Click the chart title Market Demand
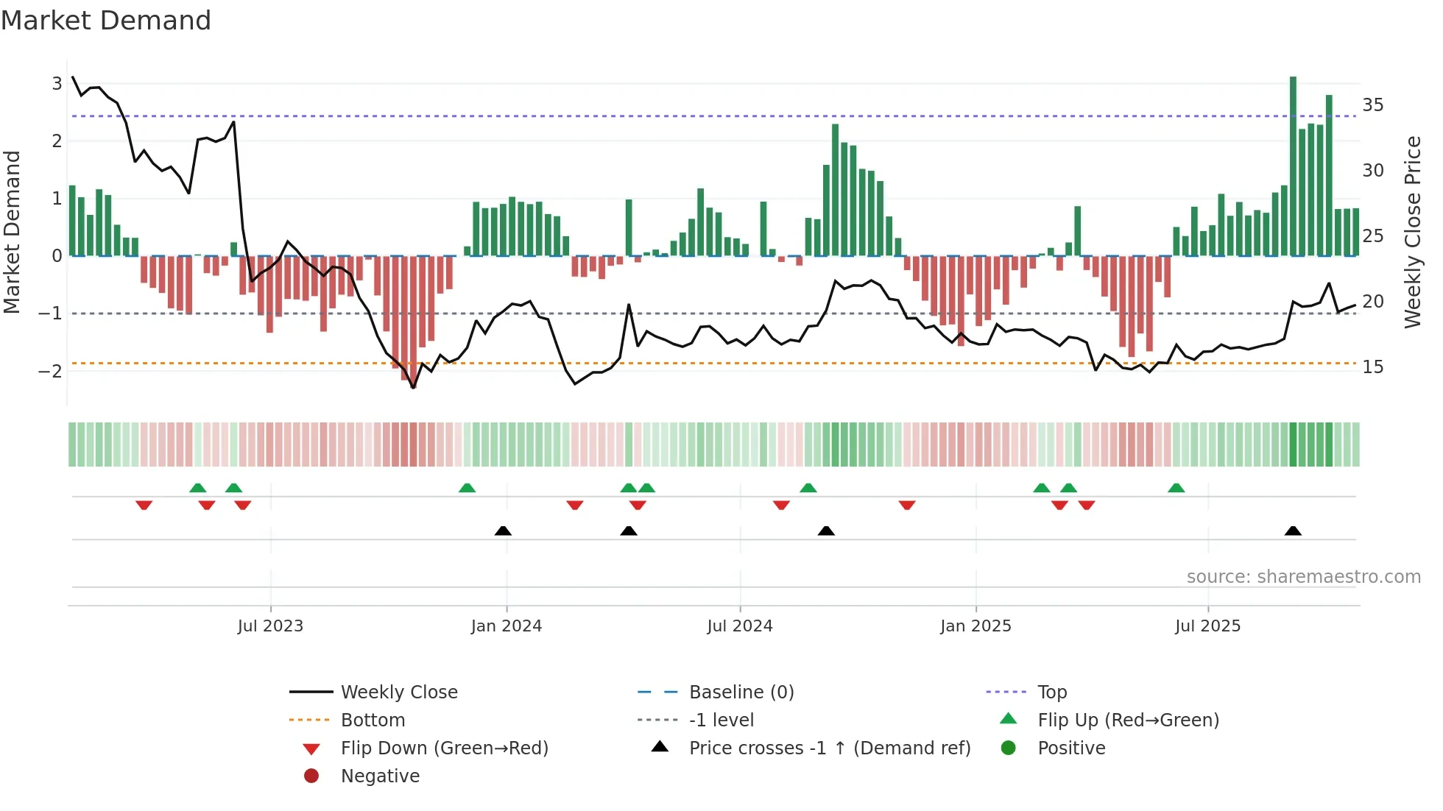[106, 21]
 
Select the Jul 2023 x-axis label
[270, 626]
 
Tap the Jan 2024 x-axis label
[507, 626]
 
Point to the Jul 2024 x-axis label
[740, 626]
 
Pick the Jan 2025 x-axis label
[975, 626]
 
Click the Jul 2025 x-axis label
[1207, 626]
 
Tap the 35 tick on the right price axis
[1372, 105]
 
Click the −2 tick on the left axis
[50, 371]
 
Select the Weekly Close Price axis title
[1412, 232]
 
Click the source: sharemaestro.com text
[1303, 577]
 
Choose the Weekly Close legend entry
[398, 693]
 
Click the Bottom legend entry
[373, 720]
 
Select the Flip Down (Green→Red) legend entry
[444, 748]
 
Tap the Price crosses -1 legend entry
[829, 748]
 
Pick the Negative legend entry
[380, 776]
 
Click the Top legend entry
[1052, 693]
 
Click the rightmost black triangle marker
[1293, 531]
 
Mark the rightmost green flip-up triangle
[1176, 489]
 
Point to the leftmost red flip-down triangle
[144, 505]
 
